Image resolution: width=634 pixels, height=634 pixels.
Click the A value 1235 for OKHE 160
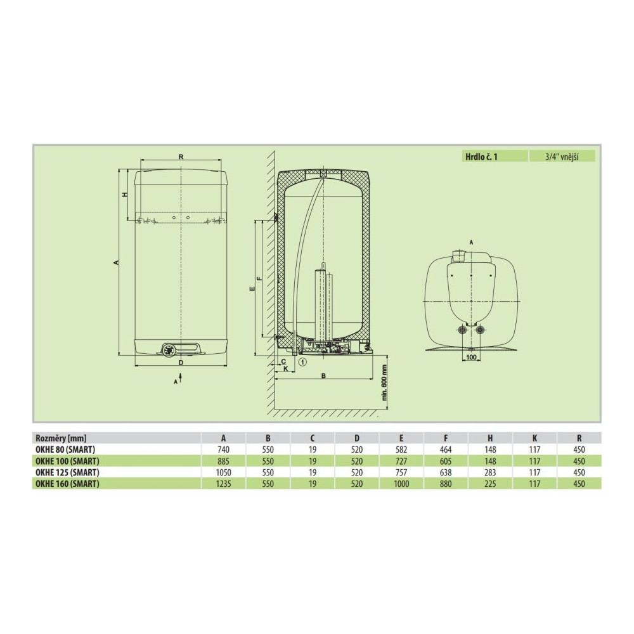pyautogui.click(x=223, y=484)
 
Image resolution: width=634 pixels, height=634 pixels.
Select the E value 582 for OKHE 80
pyautogui.click(x=401, y=450)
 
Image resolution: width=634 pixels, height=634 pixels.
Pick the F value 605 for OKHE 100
pyautogui.click(x=446, y=461)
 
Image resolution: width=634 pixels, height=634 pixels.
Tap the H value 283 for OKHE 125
pyautogui.click(x=490, y=472)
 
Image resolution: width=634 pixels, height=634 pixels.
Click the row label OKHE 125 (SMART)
pyautogui.click(x=67, y=472)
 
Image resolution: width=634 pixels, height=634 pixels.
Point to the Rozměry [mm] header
pyautogui.click(x=61, y=438)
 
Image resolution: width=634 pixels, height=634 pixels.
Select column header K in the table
pyautogui.click(x=534, y=438)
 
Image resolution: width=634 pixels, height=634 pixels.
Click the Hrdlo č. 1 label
pyautogui.click(x=481, y=157)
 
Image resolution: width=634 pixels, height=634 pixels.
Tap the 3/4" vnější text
pyautogui.click(x=562, y=157)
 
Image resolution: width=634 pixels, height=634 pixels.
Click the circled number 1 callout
pyautogui.click(x=302, y=362)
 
